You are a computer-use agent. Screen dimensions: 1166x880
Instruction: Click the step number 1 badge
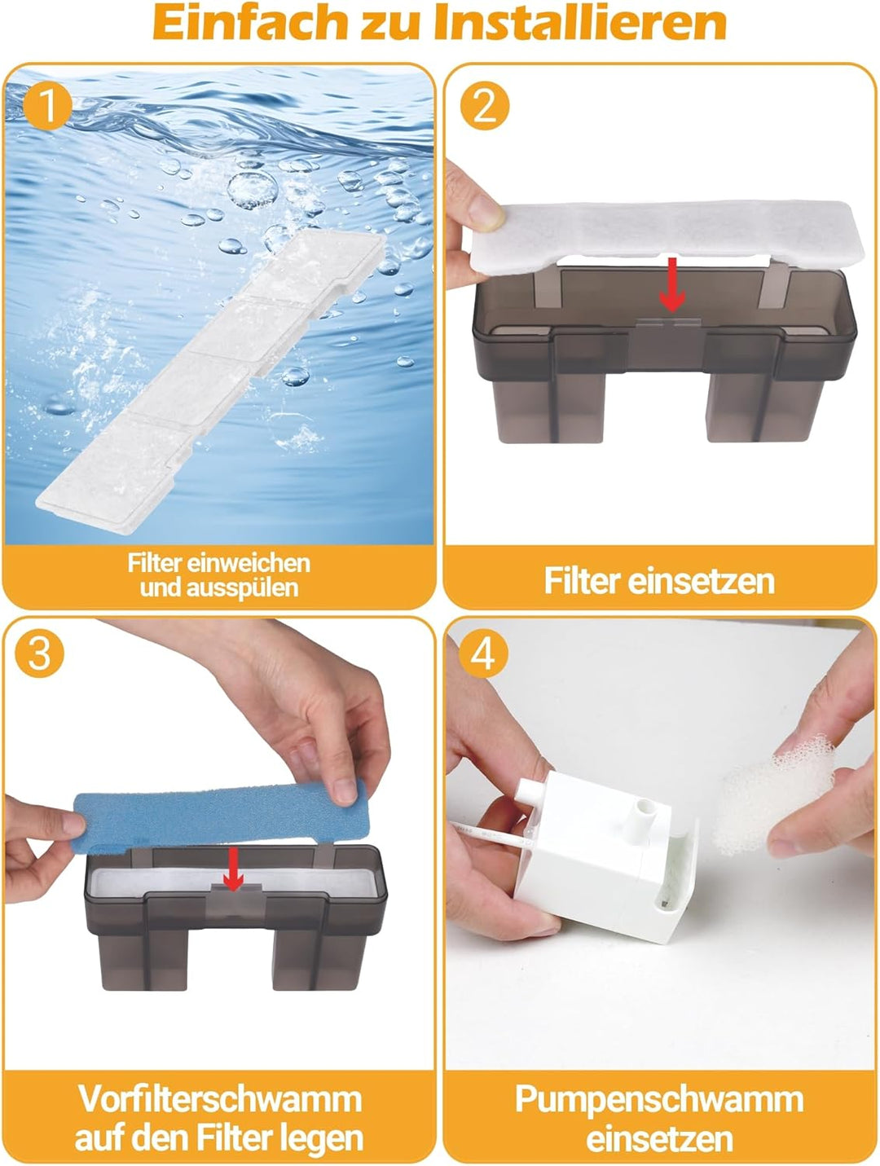47,106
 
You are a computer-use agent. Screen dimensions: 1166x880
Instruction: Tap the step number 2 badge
485,106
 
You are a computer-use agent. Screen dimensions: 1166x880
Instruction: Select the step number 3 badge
39,653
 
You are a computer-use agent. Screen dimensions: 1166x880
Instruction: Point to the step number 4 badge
483,653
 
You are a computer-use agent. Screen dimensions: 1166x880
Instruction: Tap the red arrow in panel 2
671,284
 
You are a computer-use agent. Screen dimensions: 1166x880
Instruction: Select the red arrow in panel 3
234,869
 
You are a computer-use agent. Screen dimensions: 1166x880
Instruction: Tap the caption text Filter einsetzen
658,581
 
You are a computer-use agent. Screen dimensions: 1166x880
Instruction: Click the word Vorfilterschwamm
220,1098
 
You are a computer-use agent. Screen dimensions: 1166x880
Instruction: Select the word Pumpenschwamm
658,1098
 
